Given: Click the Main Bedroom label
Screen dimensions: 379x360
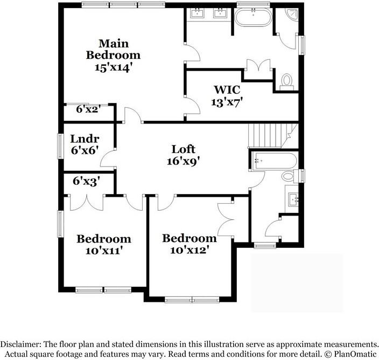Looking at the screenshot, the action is pos(113,50).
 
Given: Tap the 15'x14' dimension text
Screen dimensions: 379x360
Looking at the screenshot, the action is pos(114,67).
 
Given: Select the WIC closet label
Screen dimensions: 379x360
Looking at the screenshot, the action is pos(227,90).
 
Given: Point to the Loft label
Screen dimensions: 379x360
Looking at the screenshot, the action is pos(183,149).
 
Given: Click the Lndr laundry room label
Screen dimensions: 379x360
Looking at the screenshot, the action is pos(85,139).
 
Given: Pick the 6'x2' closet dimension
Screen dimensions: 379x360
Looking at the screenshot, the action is pos(88,109).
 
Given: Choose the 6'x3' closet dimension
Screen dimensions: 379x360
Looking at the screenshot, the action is pos(86,181).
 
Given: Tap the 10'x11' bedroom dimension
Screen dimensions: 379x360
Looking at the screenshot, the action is pos(103,251).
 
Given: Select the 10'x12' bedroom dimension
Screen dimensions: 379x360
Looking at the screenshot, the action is pos(189,250).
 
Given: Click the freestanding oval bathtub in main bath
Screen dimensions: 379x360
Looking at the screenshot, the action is pos(254,17).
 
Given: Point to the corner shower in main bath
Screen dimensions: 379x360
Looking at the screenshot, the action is pos(291,14).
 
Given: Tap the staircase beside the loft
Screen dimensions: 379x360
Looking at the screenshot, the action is pos(273,136).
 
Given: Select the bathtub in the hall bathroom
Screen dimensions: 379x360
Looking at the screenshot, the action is pos(274,161).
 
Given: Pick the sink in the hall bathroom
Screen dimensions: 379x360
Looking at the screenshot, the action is pos(293,199).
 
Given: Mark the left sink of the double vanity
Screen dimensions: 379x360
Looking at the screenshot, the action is pos(197,13).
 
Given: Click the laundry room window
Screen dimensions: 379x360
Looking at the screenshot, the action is pos(60,147).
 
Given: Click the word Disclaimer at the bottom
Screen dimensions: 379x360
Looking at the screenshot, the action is pos(19,344).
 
